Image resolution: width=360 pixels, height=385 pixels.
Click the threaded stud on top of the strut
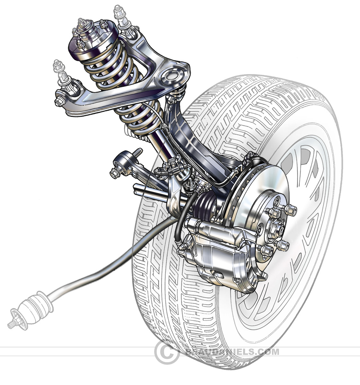(x=81, y=23)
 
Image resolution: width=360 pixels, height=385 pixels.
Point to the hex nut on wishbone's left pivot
(x=59, y=102)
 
